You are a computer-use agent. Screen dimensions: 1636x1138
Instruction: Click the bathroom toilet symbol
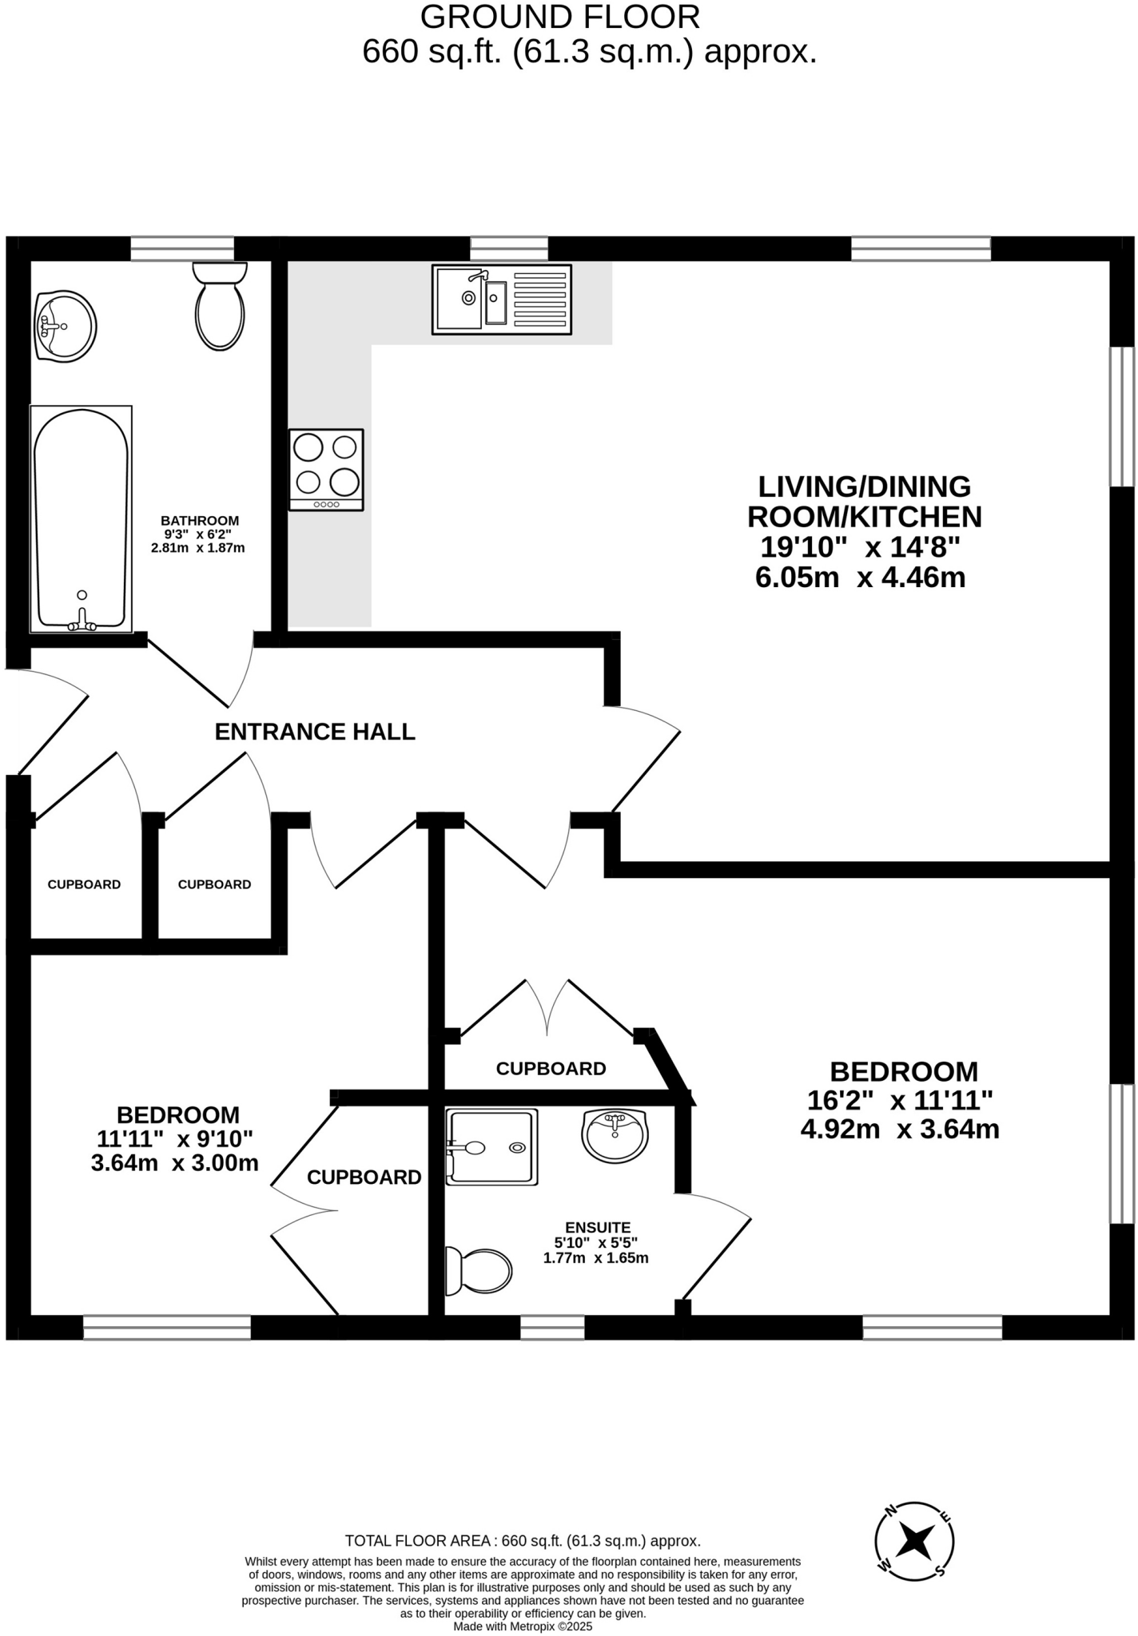(x=220, y=308)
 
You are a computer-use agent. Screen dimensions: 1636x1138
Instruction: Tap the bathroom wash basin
(x=66, y=326)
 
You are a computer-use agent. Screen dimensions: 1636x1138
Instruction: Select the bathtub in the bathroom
(x=81, y=519)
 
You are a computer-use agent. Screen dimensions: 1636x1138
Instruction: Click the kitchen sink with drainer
(x=502, y=299)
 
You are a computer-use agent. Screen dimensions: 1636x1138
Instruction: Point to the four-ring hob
(x=326, y=470)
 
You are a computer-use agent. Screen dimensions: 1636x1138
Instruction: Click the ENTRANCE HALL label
(x=315, y=732)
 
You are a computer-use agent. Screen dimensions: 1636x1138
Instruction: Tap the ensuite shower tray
(x=491, y=1147)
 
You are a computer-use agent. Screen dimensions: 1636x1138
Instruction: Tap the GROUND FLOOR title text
(x=559, y=17)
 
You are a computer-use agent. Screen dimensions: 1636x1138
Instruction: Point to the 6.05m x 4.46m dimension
(x=861, y=577)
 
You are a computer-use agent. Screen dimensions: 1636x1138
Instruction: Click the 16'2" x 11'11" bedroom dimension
(x=900, y=1101)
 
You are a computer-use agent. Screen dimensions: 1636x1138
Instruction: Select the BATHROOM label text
(x=200, y=521)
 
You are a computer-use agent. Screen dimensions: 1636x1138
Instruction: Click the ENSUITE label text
(x=598, y=1227)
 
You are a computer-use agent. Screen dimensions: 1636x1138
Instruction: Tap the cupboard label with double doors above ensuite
(x=551, y=1069)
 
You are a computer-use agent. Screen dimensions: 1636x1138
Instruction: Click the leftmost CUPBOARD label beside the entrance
(x=84, y=884)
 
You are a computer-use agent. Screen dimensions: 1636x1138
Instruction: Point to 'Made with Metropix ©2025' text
(x=523, y=1626)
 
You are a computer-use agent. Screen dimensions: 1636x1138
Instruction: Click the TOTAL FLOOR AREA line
(x=523, y=1541)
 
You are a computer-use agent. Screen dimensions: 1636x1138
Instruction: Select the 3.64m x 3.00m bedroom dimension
(x=175, y=1162)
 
